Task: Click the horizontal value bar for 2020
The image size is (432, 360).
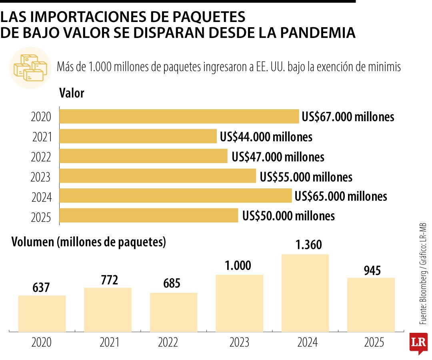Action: pos(179,116)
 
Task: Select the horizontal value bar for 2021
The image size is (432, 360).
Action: pos(138,136)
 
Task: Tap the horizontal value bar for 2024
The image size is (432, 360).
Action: pos(176,196)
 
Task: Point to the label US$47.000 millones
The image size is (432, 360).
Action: pos(278,157)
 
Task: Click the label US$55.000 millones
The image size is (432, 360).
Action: pos(306,176)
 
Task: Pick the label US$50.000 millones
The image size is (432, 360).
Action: pos(288,216)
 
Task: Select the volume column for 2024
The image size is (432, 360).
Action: pos(305,293)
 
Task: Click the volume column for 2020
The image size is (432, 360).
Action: pos(42,313)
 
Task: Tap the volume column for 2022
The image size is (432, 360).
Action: pos(174,312)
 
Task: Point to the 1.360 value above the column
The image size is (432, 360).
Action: pos(305,244)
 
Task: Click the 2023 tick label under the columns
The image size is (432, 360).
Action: pos(239,343)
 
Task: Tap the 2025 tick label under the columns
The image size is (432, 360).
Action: pos(371,343)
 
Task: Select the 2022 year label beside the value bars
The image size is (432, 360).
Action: pos(41,157)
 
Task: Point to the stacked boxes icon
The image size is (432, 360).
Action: pos(30,67)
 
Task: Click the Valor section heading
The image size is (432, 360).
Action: pos(72,94)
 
